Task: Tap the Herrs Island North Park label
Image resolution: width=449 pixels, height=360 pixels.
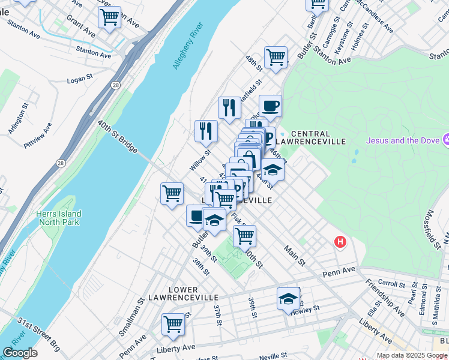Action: [58, 218]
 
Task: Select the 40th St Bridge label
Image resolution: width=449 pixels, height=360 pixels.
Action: [118, 134]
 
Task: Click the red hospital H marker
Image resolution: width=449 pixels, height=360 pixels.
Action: [340, 242]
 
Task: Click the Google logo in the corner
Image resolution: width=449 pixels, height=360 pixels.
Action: [20, 353]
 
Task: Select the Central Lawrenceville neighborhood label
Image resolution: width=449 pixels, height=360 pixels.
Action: [318, 137]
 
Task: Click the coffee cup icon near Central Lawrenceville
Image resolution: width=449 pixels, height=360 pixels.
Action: [270, 106]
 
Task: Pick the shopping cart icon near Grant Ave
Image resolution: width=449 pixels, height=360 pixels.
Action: [109, 18]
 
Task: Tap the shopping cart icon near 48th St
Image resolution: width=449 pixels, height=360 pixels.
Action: [276, 58]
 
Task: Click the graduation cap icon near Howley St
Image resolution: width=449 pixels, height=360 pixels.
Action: [288, 298]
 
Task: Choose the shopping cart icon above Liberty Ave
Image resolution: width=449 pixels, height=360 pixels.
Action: [173, 323]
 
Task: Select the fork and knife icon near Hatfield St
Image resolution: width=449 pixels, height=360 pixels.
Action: [229, 108]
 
